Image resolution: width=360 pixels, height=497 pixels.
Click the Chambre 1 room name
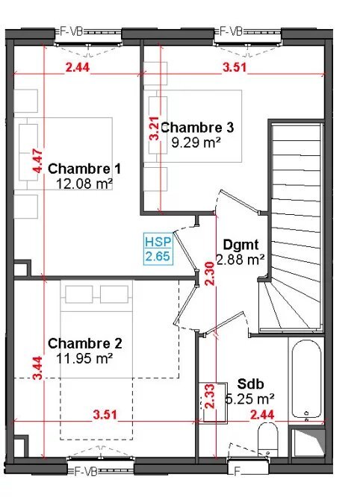point(84,168)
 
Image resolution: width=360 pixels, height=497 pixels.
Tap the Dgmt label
point(240,245)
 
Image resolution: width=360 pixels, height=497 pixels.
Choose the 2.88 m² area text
point(240,259)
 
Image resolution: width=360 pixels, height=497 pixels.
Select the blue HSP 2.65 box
point(158,249)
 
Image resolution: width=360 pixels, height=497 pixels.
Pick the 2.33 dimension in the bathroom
point(209,396)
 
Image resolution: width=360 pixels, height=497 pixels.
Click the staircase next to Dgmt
point(295,224)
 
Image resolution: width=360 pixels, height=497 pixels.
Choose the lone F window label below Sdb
point(238,472)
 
